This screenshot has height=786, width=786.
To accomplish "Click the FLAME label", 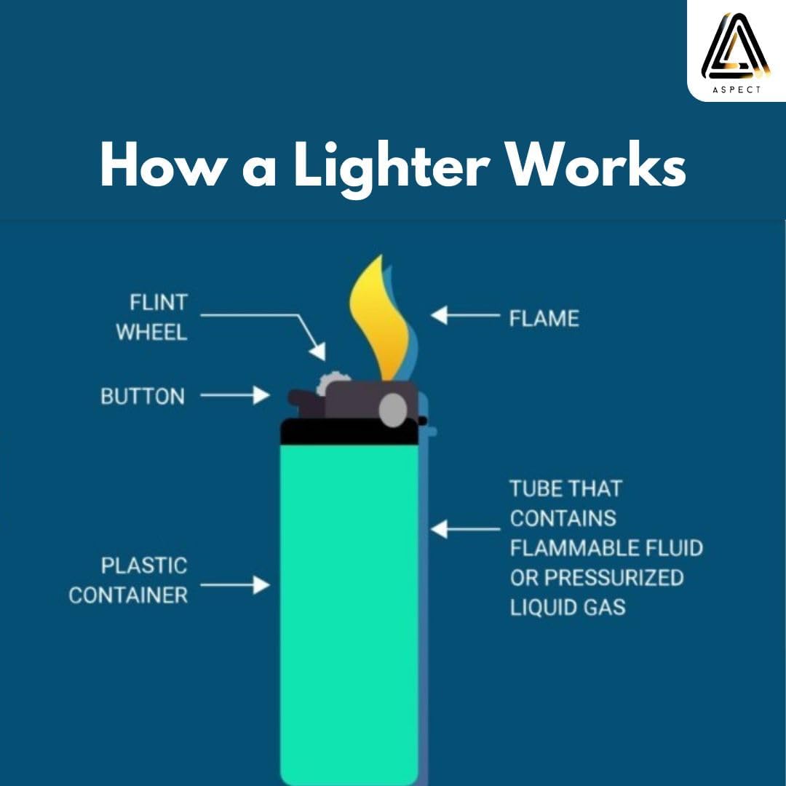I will [x=544, y=318].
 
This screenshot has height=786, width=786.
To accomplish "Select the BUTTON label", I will [x=143, y=397].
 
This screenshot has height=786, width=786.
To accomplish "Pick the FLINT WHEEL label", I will [x=151, y=317].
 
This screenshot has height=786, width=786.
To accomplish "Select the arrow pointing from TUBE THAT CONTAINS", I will [x=466, y=529].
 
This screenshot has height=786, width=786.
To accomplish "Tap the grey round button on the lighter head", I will [x=393, y=410].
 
